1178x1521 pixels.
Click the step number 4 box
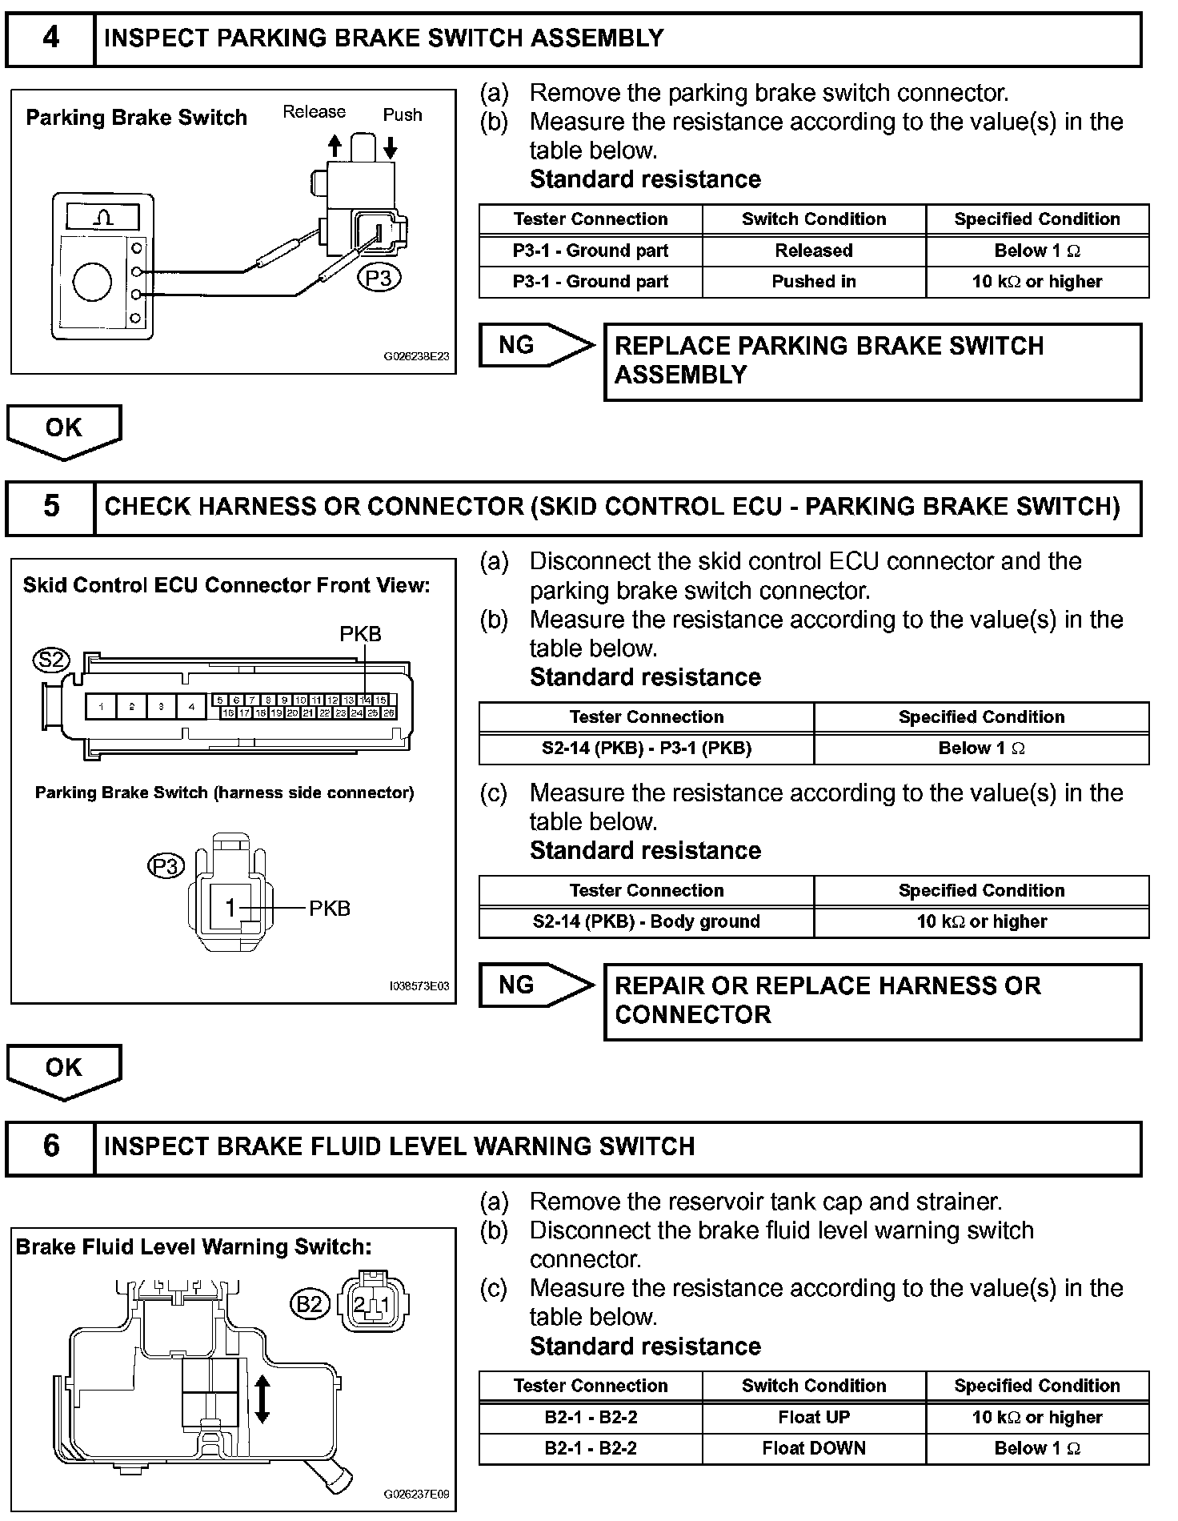tap(50, 38)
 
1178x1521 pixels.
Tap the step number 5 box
tap(50, 507)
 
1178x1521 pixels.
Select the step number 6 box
tap(50, 1146)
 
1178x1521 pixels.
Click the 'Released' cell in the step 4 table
tap(813, 251)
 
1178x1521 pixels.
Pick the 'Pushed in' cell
tap(813, 282)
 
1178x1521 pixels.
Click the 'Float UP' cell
tap(813, 1417)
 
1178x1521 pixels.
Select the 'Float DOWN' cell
tap(813, 1448)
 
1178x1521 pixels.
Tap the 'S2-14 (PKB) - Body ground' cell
tap(646, 921)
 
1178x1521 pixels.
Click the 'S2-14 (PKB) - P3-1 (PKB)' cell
tap(646, 748)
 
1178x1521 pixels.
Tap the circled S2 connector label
tap(51, 660)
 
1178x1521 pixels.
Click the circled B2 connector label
tap(309, 1305)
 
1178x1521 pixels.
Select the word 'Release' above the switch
tap(314, 112)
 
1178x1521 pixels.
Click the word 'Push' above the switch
tap(402, 114)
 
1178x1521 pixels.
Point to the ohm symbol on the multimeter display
tap(103, 218)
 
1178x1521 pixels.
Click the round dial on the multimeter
tap(92, 283)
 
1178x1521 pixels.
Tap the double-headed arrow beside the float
tap(262, 1399)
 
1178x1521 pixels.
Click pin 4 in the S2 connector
tap(190, 707)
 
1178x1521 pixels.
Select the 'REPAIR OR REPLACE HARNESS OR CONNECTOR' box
tap(872, 1001)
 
